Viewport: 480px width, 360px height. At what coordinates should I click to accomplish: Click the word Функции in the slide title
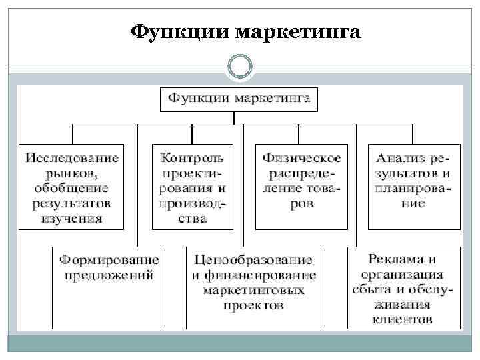coord(180,32)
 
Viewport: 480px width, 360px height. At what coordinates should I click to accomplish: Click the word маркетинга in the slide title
coord(298,32)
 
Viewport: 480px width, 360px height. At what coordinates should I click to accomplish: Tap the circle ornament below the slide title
coord(239,67)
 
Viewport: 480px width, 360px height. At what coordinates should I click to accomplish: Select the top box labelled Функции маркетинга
coord(239,99)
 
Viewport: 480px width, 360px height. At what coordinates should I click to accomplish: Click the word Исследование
coord(72,158)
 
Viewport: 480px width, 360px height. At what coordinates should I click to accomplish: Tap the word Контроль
coord(193,158)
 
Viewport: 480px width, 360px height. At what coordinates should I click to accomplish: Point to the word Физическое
coord(302,158)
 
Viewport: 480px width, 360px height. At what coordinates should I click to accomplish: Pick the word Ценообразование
coord(253,259)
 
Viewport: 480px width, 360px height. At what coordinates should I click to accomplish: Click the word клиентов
coord(403,319)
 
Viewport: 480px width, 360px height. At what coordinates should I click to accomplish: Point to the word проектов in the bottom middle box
coord(253,306)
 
